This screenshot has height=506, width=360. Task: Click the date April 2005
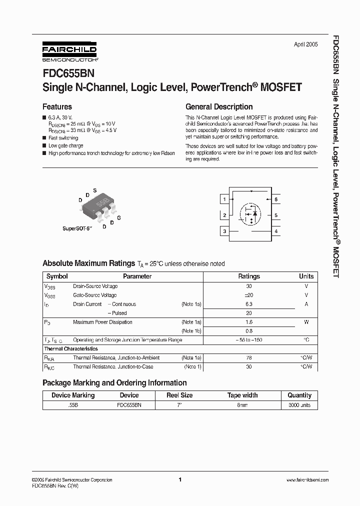pyautogui.click(x=305, y=44)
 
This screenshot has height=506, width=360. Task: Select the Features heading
pyautogui.click(x=57, y=106)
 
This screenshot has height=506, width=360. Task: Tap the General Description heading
pyautogui.click(x=219, y=106)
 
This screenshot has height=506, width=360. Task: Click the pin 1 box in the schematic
pyautogui.click(x=225, y=199)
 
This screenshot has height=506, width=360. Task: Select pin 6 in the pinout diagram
pyautogui.click(x=276, y=199)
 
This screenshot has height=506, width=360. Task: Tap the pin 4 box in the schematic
pyautogui.click(x=276, y=231)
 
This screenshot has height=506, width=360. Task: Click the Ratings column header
pyautogui.click(x=248, y=276)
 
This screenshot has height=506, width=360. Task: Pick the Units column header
pyautogui.click(x=306, y=276)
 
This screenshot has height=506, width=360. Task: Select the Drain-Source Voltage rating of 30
pyautogui.click(x=248, y=286)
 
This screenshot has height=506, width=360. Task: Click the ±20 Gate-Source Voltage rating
pyautogui.click(x=248, y=295)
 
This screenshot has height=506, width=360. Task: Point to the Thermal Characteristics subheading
pyautogui.click(x=71, y=349)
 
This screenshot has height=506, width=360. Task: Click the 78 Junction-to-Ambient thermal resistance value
pyautogui.click(x=248, y=358)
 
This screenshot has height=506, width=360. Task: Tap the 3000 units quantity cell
pyautogui.click(x=299, y=405)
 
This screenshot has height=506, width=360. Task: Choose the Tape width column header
pyautogui.click(x=242, y=395)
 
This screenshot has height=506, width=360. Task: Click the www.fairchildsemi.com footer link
pyautogui.click(x=307, y=479)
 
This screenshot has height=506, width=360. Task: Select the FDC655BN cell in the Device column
pyautogui.click(x=129, y=405)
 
